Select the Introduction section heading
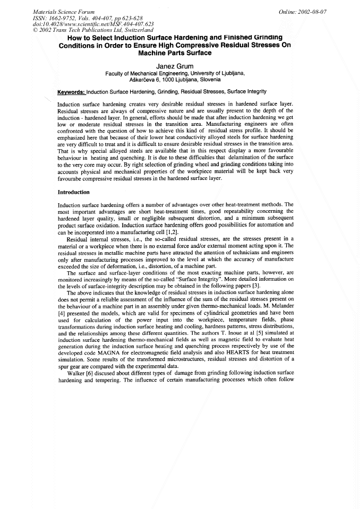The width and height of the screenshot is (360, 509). click(74, 192)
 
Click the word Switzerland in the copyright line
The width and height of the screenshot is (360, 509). click(115, 30)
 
